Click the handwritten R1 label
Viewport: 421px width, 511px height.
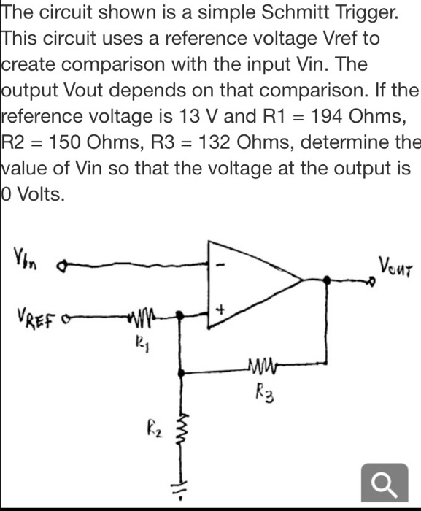pyautogui.click(x=143, y=341)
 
